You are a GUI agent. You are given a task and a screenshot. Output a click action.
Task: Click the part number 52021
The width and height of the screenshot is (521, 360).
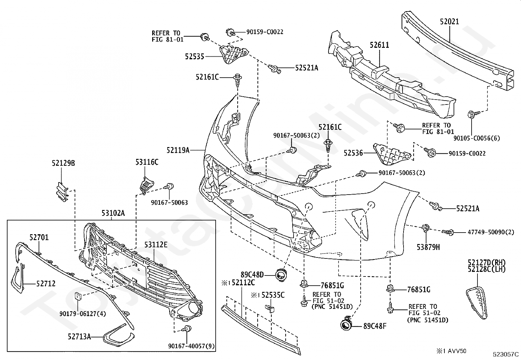click(449, 22)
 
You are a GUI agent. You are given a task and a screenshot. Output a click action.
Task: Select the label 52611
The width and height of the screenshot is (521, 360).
click(379, 45)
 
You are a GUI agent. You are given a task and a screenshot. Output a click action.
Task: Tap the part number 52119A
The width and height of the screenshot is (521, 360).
click(178, 150)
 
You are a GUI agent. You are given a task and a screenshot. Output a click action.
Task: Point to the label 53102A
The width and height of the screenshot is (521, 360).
click(113, 213)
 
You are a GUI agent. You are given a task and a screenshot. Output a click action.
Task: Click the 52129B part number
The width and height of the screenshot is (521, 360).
click(63, 163)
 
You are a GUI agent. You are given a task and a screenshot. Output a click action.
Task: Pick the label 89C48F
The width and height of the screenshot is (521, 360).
click(375, 326)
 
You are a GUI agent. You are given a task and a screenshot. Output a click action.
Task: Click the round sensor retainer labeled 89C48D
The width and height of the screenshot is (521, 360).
click(281, 275)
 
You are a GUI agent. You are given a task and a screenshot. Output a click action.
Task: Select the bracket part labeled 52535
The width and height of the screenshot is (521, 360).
click(233, 54)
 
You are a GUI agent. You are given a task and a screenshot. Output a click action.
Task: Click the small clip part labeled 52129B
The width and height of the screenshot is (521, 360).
click(62, 192)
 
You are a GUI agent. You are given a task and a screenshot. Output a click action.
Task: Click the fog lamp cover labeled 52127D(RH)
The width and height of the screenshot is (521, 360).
click(477, 303)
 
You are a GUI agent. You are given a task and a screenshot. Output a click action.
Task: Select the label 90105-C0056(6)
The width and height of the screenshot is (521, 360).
click(476, 138)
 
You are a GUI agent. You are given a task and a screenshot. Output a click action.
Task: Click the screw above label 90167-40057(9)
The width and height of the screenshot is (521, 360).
click(187, 329)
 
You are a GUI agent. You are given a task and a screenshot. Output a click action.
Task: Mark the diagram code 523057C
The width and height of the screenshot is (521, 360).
click(506, 354)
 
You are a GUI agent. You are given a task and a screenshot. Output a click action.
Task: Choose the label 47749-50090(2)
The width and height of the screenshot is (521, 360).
click(491, 232)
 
